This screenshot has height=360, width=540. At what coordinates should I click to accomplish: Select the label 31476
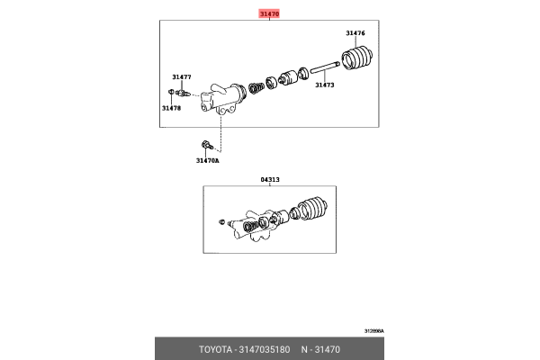click(355, 33)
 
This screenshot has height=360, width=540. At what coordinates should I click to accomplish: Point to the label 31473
click(324, 85)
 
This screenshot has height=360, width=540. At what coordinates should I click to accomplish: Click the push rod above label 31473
click(323, 68)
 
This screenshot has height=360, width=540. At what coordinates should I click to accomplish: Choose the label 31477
click(182, 77)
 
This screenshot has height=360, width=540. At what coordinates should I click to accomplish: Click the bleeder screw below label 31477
click(183, 93)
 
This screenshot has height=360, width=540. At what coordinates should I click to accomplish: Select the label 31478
click(171, 108)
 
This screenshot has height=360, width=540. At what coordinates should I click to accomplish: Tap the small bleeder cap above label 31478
click(171, 92)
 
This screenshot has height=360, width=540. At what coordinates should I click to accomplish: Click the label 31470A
click(207, 161)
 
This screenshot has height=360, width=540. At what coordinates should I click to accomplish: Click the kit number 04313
click(270, 179)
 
